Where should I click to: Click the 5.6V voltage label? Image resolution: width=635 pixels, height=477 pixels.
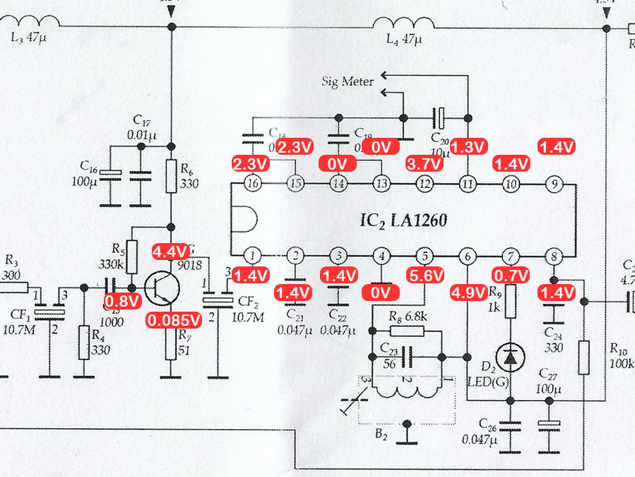click(x=426, y=275)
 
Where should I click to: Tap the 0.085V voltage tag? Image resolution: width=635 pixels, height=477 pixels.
click(x=174, y=321)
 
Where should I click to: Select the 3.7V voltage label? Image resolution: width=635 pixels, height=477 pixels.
click(x=425, y=165)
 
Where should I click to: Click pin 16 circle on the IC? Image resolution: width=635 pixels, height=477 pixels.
click(x=252, y=184)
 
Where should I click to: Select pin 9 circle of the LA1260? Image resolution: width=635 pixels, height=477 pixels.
click(x=554, y=184)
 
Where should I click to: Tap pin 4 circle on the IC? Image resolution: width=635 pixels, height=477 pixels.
click(x=381, y=255)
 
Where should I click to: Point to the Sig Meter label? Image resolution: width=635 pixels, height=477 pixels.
click(x=348, y=82)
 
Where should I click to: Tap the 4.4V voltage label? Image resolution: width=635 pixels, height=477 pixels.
click(x=170, y=251)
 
